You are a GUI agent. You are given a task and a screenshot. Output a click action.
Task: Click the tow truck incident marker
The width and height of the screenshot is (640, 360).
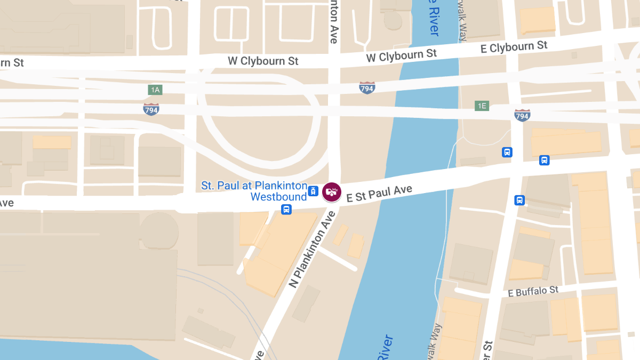point(331,191)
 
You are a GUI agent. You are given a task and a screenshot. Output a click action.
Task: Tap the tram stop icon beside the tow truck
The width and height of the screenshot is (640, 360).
point(314,190)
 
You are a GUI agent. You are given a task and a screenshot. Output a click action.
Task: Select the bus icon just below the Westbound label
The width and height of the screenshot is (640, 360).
point(286,210)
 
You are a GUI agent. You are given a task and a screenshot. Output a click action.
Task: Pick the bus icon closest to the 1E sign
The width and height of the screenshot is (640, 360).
point(507,152)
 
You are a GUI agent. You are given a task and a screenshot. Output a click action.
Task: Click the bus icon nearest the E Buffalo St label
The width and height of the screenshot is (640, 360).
point(519,200)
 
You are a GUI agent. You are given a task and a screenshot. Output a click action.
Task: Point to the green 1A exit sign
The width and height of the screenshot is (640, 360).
point(155,90)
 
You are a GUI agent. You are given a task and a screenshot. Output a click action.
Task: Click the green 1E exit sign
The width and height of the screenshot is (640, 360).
point(482,106)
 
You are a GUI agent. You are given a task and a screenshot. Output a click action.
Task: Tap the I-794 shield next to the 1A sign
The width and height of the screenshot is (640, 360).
point(151,109)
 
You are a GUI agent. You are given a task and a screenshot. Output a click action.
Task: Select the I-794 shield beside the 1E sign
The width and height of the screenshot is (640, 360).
point(522,115)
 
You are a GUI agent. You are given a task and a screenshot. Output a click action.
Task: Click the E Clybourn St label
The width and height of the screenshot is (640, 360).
point(514,47)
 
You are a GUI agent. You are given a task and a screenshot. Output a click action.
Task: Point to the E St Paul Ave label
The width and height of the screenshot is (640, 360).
point(379,193)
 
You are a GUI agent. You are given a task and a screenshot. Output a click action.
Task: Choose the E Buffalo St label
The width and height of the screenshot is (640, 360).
point(533,291)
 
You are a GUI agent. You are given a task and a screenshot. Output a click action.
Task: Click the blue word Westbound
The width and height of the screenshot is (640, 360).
point(278,197)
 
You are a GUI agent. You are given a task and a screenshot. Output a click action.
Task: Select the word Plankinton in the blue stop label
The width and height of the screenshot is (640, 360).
point(281,186)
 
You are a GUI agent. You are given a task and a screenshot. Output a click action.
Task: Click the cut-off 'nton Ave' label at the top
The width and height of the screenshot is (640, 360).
point(334,21)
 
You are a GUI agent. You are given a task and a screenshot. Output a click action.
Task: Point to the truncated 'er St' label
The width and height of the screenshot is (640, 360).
point(487,349)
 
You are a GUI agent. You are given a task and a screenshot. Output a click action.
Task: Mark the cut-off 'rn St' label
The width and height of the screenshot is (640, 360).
point(12,63)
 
